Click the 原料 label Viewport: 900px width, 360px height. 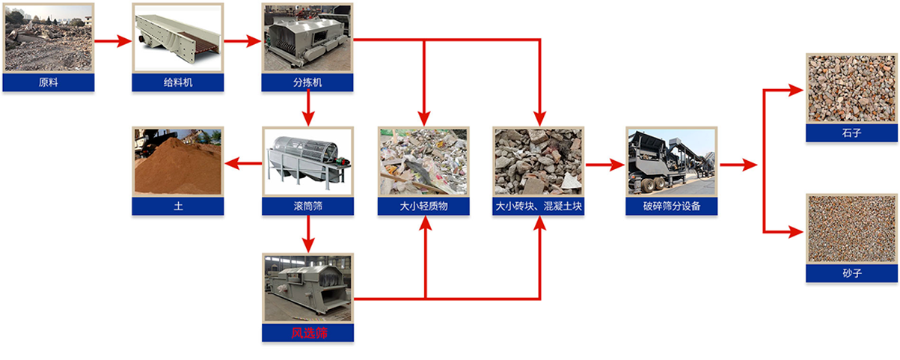[49, 82]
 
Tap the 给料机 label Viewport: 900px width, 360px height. [178, 82]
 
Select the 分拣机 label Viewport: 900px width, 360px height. [307, 82]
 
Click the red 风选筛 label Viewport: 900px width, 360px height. [309, 333]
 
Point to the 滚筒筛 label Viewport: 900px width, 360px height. [307, 206]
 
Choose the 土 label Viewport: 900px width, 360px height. [178, 206]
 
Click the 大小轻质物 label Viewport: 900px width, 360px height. [423, 206]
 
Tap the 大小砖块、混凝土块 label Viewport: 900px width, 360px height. [539, 206]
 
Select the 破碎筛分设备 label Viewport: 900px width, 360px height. [671, 206]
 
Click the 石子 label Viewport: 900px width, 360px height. [851, 132]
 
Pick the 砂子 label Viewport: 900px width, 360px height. [851, 273]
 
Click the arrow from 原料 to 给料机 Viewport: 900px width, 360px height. [113, 40]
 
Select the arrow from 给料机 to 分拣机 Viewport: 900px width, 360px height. [242, 40]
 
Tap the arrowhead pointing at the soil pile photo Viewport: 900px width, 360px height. [232, 163]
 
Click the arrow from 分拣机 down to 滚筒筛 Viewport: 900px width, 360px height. [308, 108]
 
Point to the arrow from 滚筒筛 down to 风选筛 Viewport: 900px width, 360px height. [308, 234]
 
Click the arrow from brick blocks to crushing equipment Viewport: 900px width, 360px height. [605, 165]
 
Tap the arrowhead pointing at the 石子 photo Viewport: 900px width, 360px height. [796, 90]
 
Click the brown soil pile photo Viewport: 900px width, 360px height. [178, 162]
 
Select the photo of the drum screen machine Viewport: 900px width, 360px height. [307, 162]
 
